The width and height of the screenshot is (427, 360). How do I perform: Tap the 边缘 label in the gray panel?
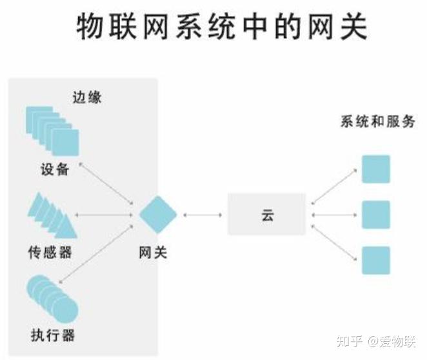point(88,97)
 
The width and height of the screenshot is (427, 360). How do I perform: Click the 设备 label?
point(53,171)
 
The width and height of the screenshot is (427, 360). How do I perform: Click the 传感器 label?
point(50,252)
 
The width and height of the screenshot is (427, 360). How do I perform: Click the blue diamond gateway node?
point(158,214)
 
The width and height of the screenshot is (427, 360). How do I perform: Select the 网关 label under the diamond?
point(153,252)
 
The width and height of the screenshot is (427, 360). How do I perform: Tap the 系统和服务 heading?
point(377,122)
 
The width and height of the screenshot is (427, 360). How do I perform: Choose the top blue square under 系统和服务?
point(375,169)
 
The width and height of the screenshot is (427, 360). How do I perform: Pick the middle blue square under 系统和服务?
point(375,215)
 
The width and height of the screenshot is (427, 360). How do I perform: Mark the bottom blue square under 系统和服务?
point(375,260)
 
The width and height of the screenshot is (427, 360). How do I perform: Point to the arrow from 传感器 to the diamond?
point(106,214)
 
